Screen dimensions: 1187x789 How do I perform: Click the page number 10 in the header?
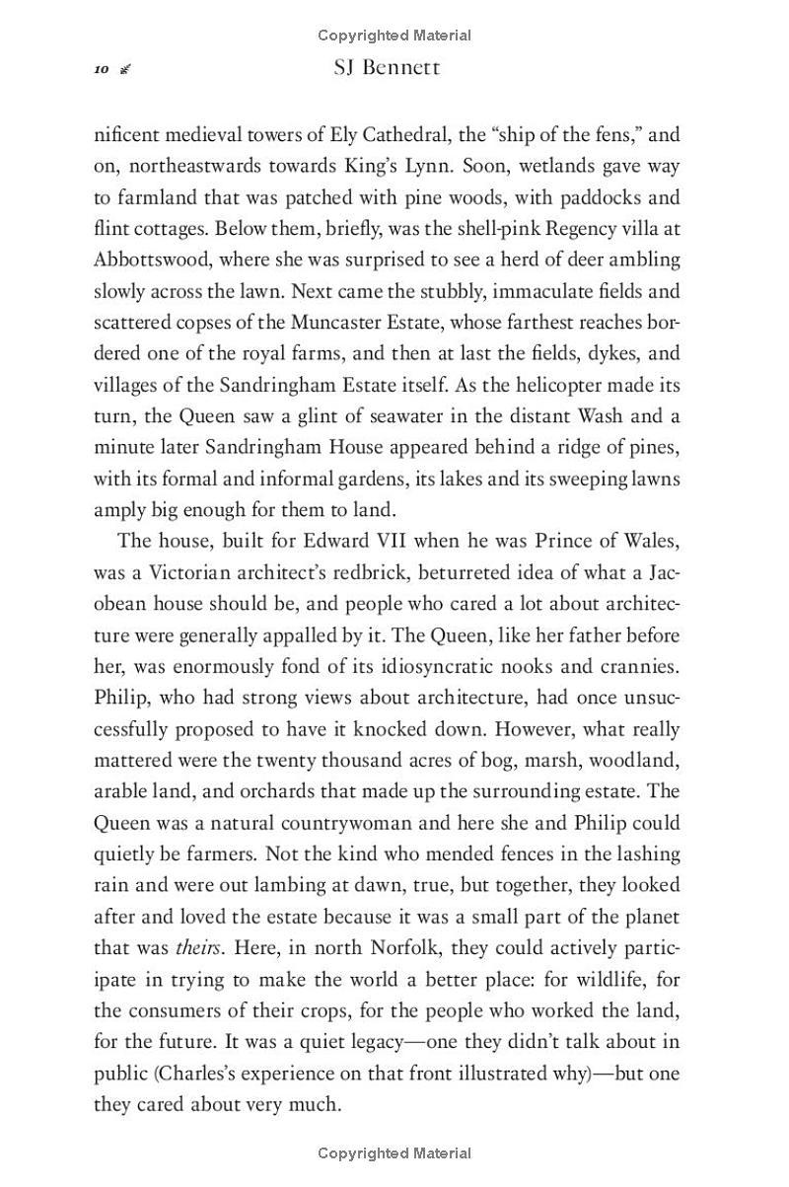(101, 69)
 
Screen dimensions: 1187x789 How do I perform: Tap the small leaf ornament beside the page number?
(125, 69)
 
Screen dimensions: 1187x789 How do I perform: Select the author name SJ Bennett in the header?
(387, 68)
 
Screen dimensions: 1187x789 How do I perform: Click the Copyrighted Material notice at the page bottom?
(394, 1152)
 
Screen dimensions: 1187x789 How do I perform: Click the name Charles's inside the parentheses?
(199, 1073)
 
